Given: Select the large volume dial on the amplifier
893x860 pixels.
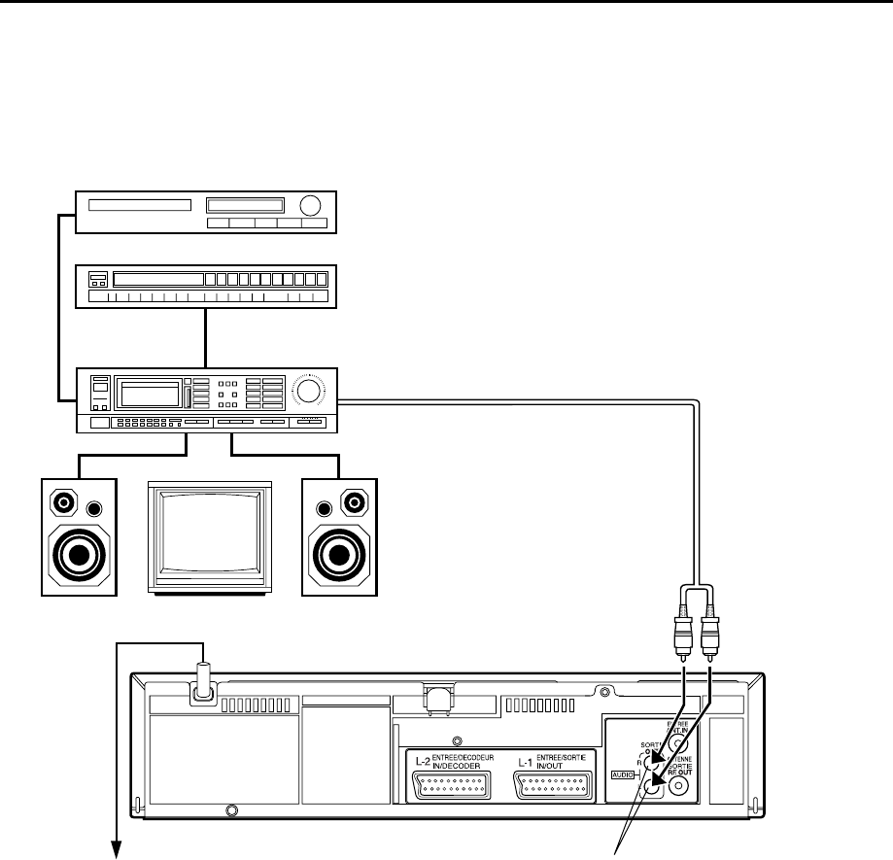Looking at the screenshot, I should tap(310, 392).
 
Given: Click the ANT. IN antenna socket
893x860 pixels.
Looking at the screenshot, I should tap(677, 743).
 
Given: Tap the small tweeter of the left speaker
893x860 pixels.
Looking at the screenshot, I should tap(94, 508).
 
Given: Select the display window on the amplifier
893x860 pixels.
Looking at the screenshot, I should tap(148, 394).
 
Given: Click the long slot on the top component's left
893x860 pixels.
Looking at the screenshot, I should tap(139, 205).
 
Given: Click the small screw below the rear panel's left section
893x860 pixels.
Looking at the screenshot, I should tap(231, 809).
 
